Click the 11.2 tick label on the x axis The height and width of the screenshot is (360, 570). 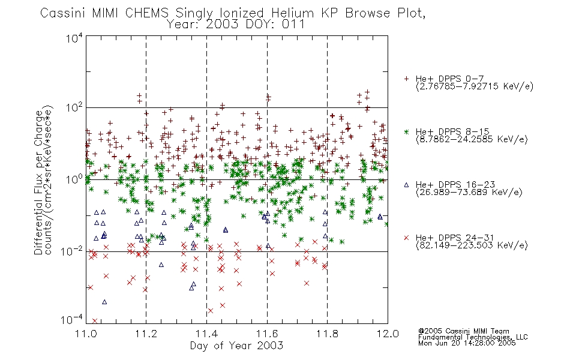click(x=146, y=334)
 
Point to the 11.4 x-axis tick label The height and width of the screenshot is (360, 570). click(x=206, y=334)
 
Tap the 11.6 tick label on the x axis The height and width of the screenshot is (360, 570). click(x=267, y=334)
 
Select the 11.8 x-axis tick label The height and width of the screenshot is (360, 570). click(x=327, y=334)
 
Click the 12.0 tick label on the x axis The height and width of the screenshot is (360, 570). click(x=388, y=334)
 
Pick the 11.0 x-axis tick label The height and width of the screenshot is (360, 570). click(x=86, y=334)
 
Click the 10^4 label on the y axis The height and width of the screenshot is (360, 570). click(x=74, y=38)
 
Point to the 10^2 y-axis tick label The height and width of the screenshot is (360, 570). click(x=74, y=108)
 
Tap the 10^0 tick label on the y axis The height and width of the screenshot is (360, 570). click(x=74, y=179)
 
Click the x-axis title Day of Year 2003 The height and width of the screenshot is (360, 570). click(x=236, y=346)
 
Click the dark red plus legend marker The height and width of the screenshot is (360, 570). click(x=406, y=79)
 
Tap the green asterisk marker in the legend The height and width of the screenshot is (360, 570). click(x=406, y=131)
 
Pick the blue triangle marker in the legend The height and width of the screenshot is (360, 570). click(x=406, y=185)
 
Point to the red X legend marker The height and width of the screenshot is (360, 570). click(x=406, y=238)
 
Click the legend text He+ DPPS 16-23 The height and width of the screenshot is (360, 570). click(x=455, y=185)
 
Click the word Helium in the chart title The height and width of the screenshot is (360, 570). click(x=293, y=13)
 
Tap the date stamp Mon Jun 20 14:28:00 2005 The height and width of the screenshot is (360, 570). click(x=467, y=343)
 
